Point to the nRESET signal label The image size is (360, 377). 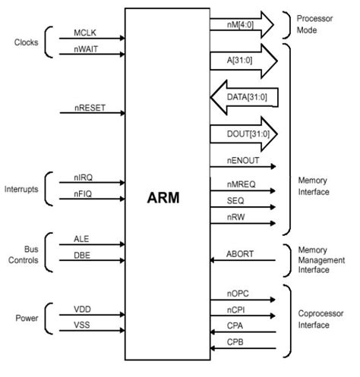coord(90,108)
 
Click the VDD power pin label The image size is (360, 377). coord(84,309)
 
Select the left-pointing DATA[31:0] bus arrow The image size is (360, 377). coord(242,96)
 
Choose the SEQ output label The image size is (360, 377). coord(235,203)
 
